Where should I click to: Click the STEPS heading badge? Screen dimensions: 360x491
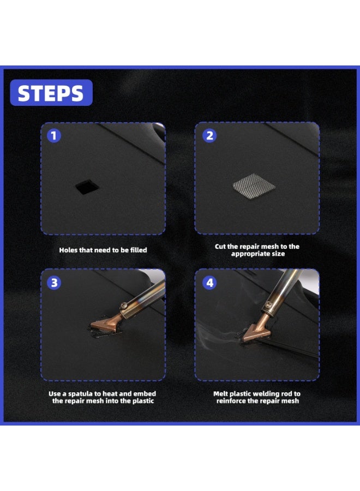click(x=51, y=93)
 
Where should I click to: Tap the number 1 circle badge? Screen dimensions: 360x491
click(x=54, y=136)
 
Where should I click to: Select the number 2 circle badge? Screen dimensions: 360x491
click(x=209, y=136)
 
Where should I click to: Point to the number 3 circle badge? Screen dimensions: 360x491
click(x=54, y=283)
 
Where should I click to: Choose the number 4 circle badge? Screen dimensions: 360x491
click(x=209, y=283)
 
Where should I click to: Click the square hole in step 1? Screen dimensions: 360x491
click(x=87, y=187)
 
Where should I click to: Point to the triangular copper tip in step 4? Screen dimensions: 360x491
click(x=256, y=332)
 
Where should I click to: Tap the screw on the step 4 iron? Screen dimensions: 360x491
click(x=268, y=303)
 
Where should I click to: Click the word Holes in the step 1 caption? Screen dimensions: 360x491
click(x=68, y=250)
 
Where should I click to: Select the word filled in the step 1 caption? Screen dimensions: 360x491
click(x=138, y=250)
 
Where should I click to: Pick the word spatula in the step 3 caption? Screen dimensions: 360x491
click(x=81, y=394)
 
